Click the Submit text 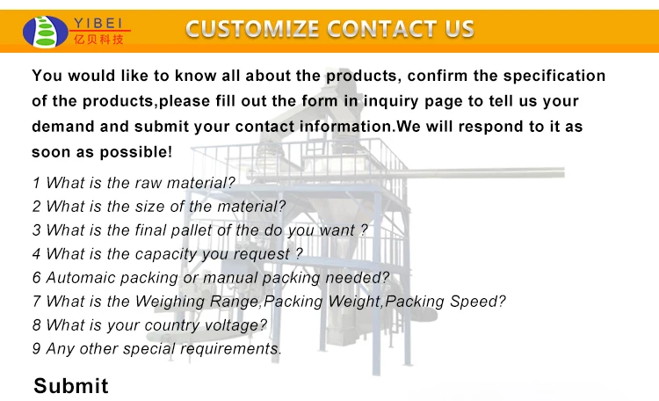click(71, 385)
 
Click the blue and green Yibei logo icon click(46, 32)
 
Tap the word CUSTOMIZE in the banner click(252, 29)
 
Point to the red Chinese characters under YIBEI click(98, 40)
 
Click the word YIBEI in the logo click(98, 23)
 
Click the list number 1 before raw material click(37, 183)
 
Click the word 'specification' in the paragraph click(554, 77)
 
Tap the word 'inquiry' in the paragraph click(390, 101)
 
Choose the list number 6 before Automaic click(37, 278)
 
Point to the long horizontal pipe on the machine click(483, 172)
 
